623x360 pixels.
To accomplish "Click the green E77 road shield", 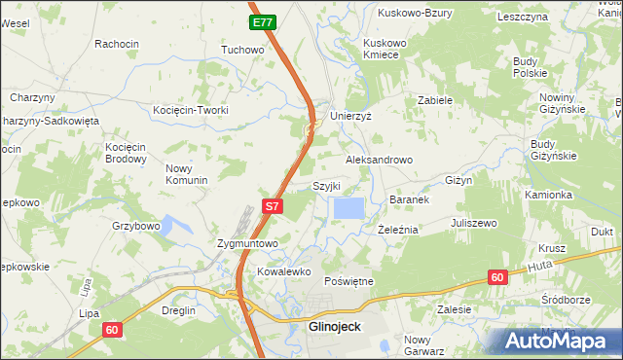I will pos(262,21).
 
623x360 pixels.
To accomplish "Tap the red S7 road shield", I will pos(274,206).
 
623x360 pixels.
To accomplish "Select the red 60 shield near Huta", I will pos(497,277).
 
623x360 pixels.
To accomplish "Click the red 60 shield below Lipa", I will pos(112,330).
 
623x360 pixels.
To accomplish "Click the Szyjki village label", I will pos(325,186).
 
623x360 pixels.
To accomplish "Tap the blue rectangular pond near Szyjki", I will pos(349,207).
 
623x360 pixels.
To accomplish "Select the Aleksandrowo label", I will pos(380,160).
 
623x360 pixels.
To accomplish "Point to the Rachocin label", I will pos(117,44).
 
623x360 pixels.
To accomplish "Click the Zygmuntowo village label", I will pos(247,243).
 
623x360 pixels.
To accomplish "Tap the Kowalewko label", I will pos(282,272).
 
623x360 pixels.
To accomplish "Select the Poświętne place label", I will pos(348,281).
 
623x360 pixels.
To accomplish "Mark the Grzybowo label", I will pos(135,226).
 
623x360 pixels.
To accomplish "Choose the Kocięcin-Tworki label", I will pos(191,110).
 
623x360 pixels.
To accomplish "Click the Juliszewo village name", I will pos(473,223).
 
